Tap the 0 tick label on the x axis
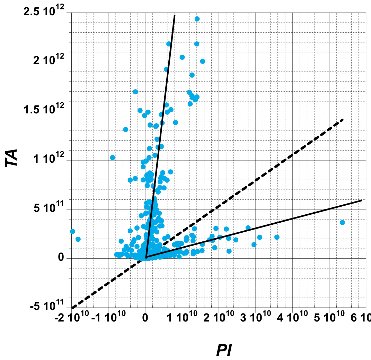145,317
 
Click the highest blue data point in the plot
197,19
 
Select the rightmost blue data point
342,222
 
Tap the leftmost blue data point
72,231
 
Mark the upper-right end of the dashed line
343,119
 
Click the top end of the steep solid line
174,16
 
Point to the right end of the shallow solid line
362,200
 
